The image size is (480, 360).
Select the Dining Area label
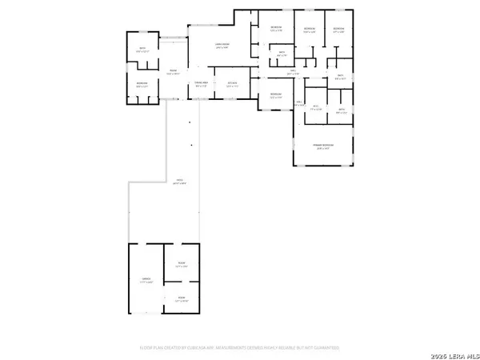pyautogui.click(x=202, y=83)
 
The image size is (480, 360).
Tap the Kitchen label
pyautogui.click(x=232, y=83)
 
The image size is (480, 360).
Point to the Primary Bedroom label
pyautogui.click(x=322, y=146)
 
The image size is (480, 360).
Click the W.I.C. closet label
pyautogui.click(x=316, y=107)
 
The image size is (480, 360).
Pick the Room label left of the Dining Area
pyautogui.click(x=172, y=71)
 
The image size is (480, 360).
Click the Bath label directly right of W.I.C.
pyautogui.click(x=341, y=111)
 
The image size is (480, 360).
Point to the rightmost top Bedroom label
pyautogui.click(x=338, y=30)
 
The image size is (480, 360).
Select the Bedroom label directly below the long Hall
pyautogui.click(x=276, y=96)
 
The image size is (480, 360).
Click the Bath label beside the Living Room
pyautogui.click(x=282, y=54)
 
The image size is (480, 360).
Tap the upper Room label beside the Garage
pyautogui.click(x=182, y=265)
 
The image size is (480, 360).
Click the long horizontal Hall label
pyautogui.click(x=293, y=74)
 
